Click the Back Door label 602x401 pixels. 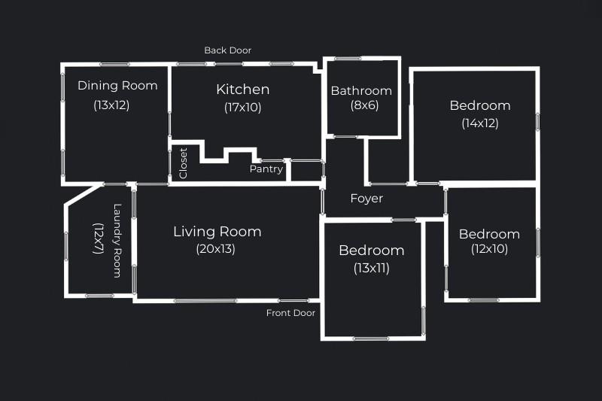point(228,50)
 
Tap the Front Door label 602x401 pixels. point(290,313)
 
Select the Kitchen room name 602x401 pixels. point(242,90)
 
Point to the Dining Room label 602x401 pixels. point(117,86)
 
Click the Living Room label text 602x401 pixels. point(217,232)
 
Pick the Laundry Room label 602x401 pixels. point(117,241)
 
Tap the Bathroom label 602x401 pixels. point(361,90)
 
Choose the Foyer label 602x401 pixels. point(366,199)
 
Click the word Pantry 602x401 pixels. point(266,169)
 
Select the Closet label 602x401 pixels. point(183,163)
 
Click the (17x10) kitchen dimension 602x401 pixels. point(242,107)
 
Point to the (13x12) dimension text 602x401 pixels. point(111,105)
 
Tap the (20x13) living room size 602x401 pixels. point(215,249)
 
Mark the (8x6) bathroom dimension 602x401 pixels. point(364,105)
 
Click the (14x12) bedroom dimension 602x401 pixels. point(480,123)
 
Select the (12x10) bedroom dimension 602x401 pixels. point(490,249)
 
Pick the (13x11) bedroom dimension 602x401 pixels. point(372,268)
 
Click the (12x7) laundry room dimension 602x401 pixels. point(99,238)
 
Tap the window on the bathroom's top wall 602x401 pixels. point(348,59)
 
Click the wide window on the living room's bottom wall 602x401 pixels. point(205,301)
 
